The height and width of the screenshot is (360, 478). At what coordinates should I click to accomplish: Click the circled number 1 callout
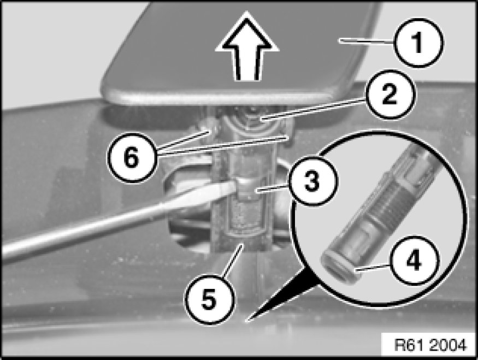(418, 43)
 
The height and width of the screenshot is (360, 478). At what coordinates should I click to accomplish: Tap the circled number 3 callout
(311, 181)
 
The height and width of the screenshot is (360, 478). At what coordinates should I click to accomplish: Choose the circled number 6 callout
(132, 157)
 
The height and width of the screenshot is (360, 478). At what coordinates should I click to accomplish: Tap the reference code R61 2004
(430, 345)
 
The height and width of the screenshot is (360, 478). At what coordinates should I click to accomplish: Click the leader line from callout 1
(367, 42)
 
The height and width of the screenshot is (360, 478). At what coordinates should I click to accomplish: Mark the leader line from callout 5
(232, 261)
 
